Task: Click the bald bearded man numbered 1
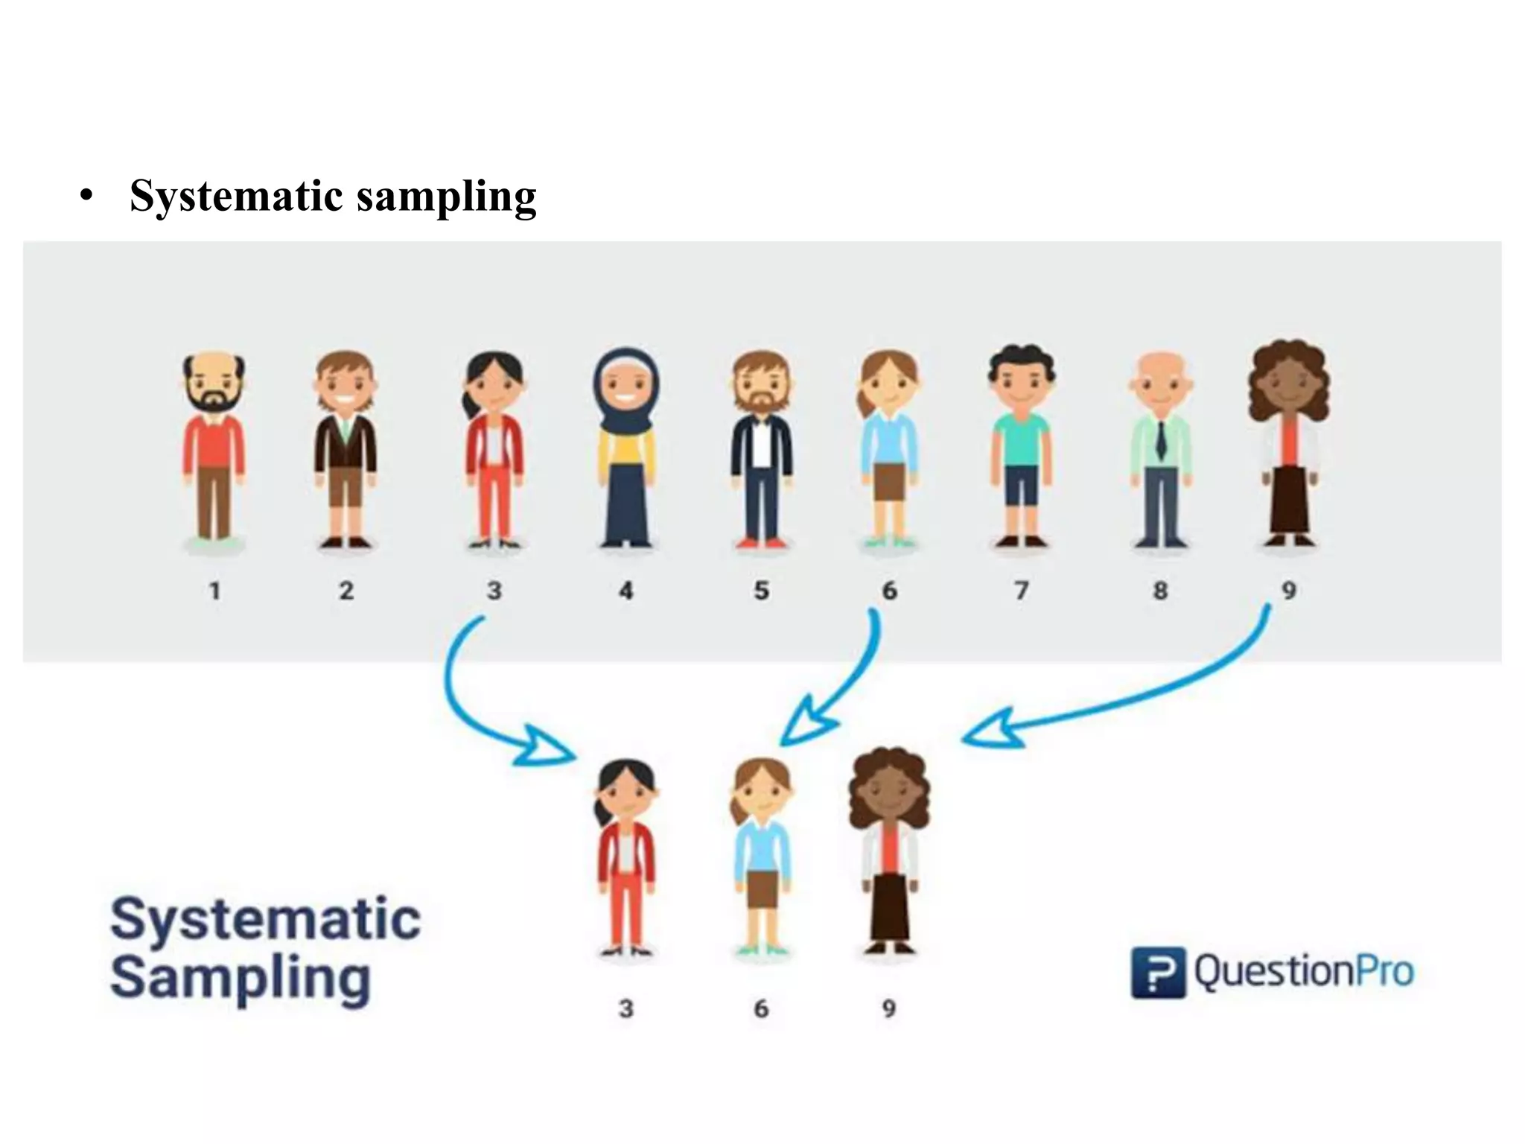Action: [214, 447]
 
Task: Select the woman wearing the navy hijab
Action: [626, 447]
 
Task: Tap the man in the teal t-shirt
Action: [1021, 447]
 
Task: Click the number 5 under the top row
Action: [761, 591]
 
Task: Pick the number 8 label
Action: [1160, 591]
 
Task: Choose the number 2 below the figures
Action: [346, 591]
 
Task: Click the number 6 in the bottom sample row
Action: [761, 1008]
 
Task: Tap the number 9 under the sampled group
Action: [888, 1008]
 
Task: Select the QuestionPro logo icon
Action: [1157, 972]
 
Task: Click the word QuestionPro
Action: [1304, 972]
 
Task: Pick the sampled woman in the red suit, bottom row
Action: [626, 857]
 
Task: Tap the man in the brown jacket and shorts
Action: [345, 447]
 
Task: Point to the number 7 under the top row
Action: [1021, 591]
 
